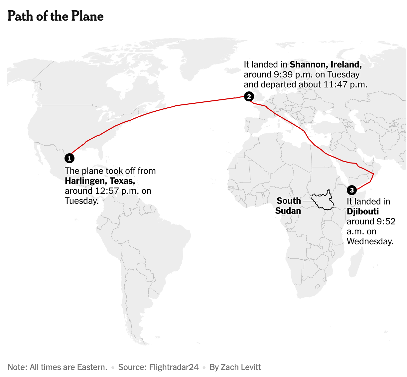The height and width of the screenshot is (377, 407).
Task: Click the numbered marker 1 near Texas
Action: (69, 158)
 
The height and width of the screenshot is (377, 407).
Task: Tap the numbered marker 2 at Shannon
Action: (249, 96)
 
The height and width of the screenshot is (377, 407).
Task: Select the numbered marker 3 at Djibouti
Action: (352, 190)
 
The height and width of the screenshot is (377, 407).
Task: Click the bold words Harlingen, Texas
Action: (100, 181)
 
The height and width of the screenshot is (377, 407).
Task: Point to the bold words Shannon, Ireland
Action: (326, 64)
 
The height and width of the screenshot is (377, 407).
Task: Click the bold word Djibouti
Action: (363, 211)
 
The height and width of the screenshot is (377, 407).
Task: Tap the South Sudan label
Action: (288, 206)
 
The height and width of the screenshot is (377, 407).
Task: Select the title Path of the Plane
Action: (56, 16)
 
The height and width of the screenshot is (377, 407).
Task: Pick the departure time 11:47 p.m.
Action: (346, 84)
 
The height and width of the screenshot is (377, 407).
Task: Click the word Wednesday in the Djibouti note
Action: (370, 241)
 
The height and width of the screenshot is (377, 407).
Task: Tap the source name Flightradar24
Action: (174, 367)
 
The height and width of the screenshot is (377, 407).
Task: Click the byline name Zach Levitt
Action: (241, 367)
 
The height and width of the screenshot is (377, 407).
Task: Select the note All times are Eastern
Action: (68, 367)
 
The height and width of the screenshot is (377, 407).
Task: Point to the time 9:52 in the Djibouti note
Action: (386, 221)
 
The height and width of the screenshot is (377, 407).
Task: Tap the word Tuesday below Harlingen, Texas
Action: (81, 201)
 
